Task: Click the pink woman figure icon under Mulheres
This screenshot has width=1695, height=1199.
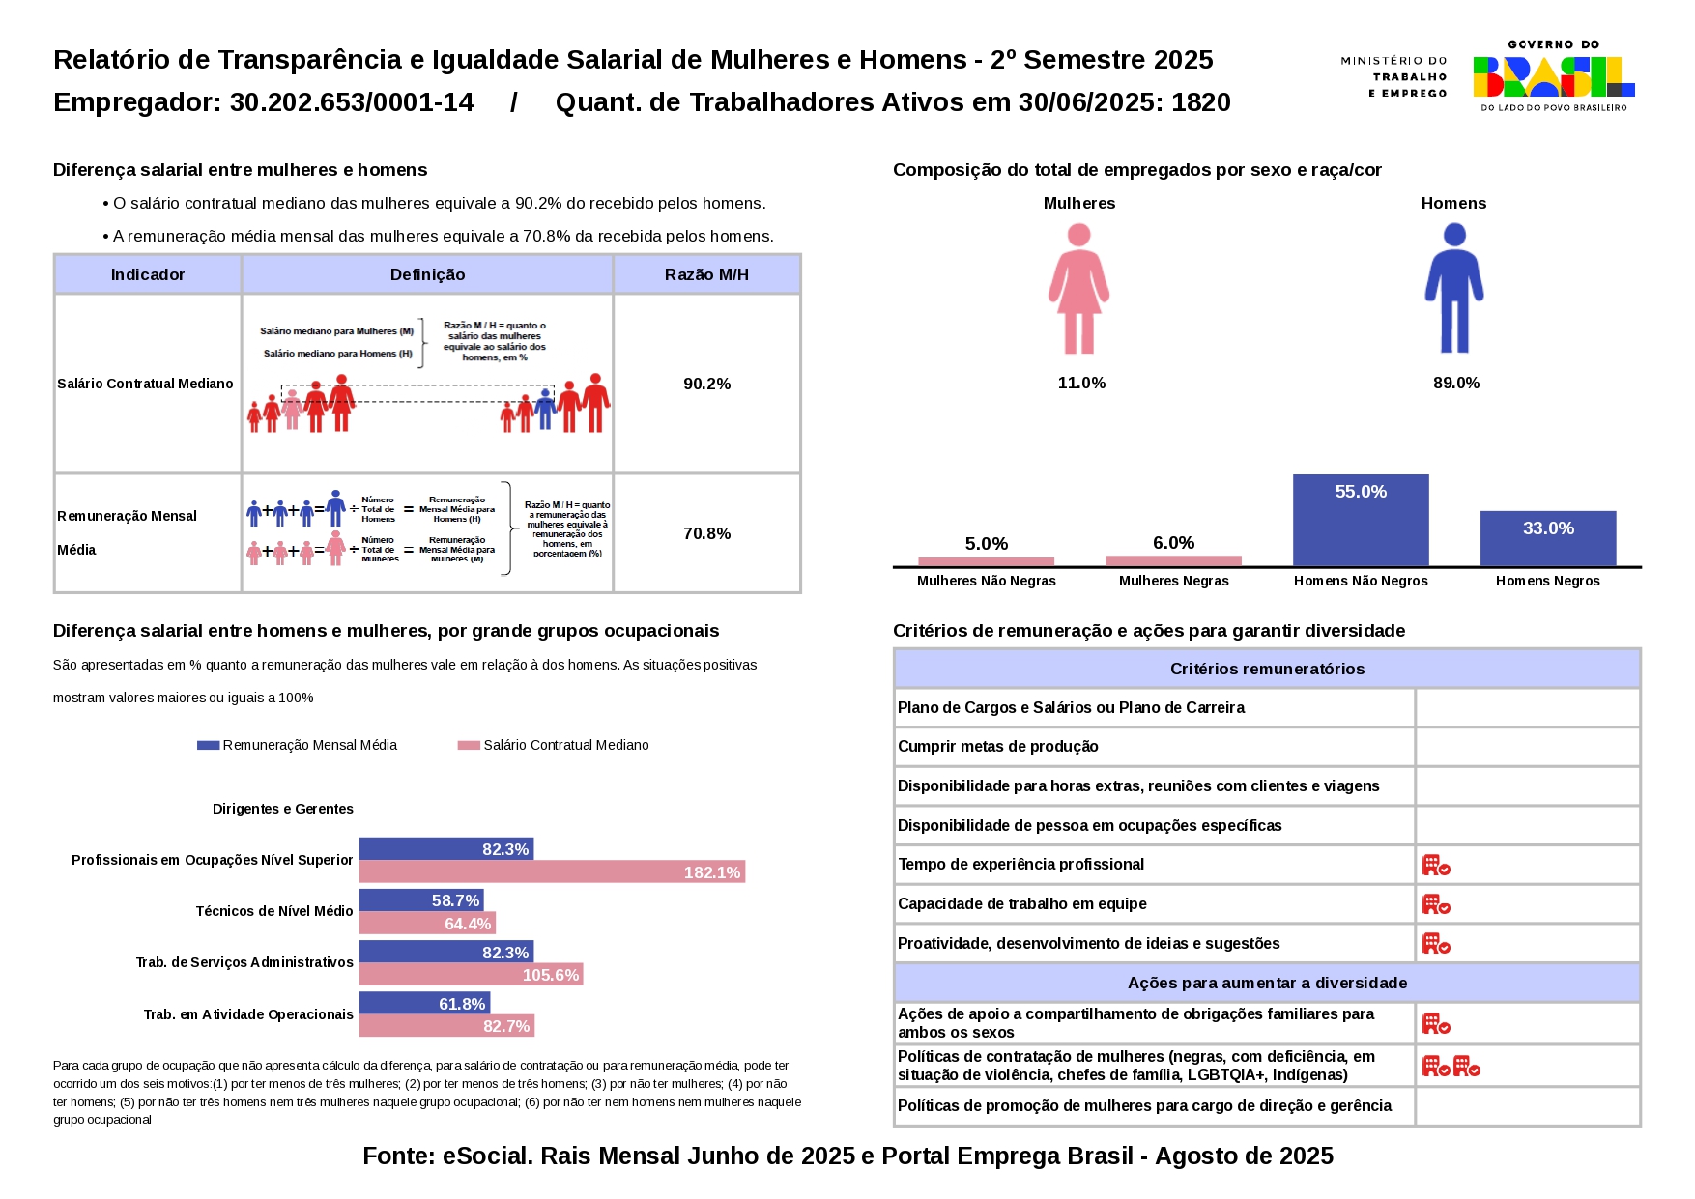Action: pos(1078,289)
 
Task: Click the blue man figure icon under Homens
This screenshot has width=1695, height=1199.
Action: pos(1453,289)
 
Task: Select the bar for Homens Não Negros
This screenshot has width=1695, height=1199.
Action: pos(1360,520)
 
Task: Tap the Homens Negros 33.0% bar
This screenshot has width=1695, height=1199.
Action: pos(1547,538)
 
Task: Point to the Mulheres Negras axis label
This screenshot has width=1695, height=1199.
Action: pos(1173,581)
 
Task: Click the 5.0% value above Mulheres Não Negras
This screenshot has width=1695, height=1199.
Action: pos(986,544)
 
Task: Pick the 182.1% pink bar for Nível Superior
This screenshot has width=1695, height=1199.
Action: pos(552,872)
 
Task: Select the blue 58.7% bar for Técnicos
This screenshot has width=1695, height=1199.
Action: pos(421,900)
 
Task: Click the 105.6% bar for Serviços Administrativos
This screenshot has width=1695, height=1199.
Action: pos(471,975)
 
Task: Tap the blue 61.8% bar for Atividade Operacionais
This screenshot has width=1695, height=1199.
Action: pos(424,1004)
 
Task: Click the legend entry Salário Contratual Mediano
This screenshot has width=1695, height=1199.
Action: pos(554,745)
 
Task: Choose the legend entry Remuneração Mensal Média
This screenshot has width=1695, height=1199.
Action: pos(298,745)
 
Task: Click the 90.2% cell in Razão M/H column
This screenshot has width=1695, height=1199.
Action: pos(706,384)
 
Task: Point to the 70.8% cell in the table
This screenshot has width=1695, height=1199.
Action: pos(706,533)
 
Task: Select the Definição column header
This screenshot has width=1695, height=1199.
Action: pos(427,274)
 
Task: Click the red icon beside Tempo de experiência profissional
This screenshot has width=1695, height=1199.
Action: pos(1435,865)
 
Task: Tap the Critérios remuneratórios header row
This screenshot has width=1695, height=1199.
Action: pos(1266,669)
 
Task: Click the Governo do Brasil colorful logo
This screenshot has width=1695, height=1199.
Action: pos(1552,76)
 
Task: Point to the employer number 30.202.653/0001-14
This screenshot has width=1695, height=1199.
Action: pos(352,102)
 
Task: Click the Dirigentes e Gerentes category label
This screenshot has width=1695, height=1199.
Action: pos(282,809)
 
